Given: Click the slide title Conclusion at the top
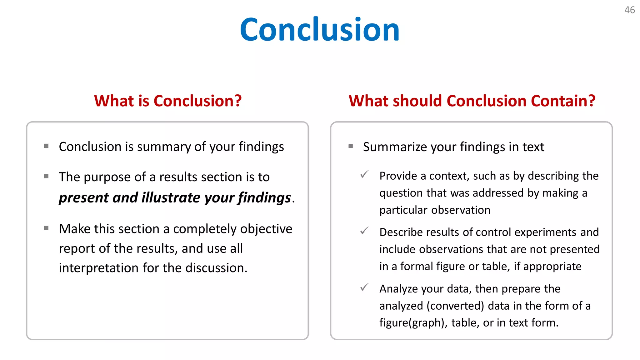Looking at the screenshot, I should tap(320, 30).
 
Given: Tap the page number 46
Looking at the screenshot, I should tap(629, 10).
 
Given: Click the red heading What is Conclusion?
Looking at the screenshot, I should tap(168, 101).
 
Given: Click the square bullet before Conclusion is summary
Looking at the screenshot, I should tap(46, 146).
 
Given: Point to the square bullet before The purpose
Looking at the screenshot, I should tap(46, 176).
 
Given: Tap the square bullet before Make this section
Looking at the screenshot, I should tap(46, 228).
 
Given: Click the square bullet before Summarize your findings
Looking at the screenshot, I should tap(351, 146).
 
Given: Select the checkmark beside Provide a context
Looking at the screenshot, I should tap(364, 174).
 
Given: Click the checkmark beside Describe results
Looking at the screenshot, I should tap(364, 231).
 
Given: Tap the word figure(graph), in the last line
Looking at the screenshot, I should tap(413, 322).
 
